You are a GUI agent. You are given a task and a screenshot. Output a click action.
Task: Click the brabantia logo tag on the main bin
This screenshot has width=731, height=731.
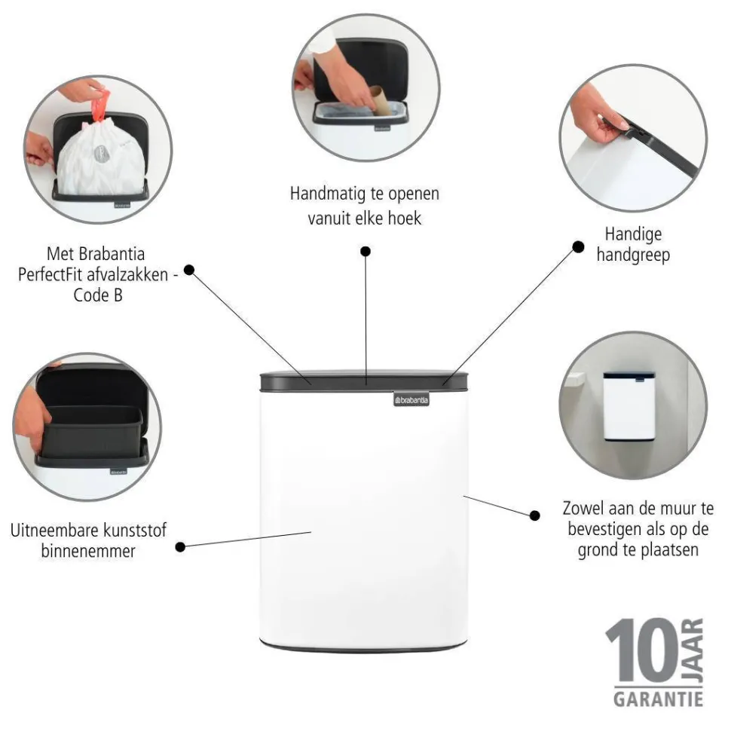click(x=411, y=399)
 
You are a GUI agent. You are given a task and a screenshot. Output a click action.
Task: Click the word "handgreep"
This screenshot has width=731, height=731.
click(x=633, y=255)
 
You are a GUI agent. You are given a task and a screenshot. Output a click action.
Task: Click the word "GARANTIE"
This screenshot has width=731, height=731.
click(x=658, y=699)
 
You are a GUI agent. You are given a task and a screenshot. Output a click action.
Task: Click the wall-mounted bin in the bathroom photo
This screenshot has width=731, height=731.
click(x=629, y=406)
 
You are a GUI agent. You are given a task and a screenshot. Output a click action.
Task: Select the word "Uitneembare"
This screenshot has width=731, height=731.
click(x=54, y=531)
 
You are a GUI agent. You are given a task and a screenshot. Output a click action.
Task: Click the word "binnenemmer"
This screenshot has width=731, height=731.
click(x=88, y=551)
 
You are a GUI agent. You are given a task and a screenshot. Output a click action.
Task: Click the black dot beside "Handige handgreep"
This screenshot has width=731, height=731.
click(x=578, y=247)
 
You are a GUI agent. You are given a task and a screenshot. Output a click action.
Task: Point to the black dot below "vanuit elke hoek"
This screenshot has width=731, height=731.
click(x=365, y=251)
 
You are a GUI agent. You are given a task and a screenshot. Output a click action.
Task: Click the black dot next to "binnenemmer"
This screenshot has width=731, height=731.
click(x=180, y=547)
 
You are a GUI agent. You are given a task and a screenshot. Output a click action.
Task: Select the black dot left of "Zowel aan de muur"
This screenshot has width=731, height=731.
click(x=535, y=515)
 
